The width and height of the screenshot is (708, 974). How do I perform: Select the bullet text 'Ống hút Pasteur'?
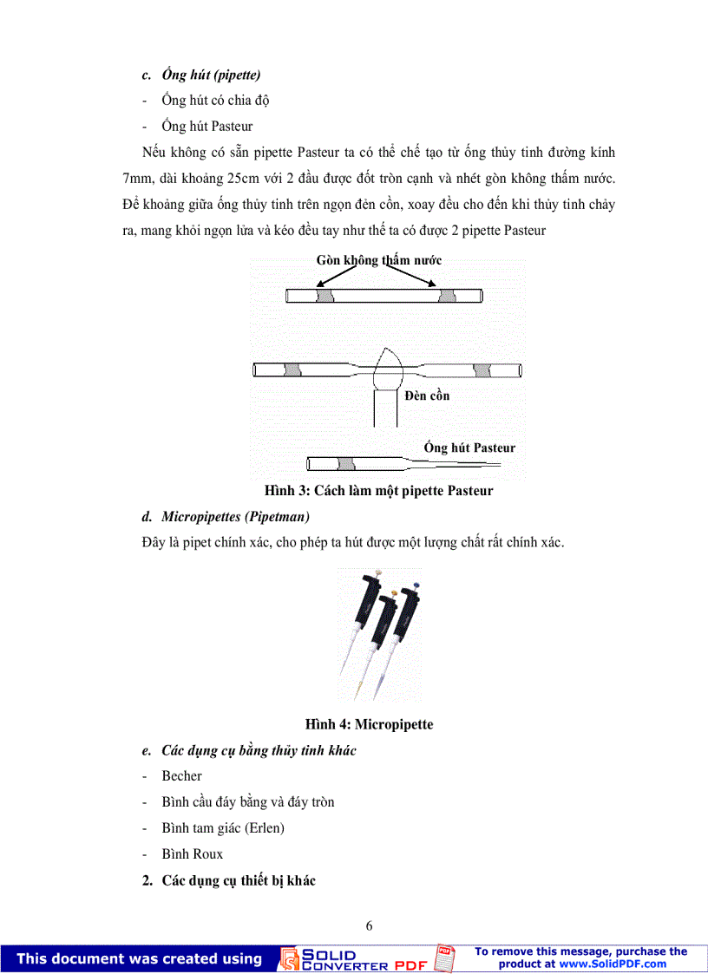coord(206,127)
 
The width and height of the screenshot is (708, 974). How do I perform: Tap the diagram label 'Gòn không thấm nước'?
coord(379,260)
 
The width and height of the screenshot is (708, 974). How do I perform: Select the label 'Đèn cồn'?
coord(427,395)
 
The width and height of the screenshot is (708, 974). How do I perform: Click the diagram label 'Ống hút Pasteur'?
coord(469,448)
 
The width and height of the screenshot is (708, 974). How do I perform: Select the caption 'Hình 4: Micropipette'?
coord(369,724)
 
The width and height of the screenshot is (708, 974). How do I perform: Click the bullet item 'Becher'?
coord(181,776)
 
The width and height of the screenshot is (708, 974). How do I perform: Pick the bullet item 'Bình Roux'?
coord(192,854)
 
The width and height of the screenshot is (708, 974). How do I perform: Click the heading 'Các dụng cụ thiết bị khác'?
coord(239,880)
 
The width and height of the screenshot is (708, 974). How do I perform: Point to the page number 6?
coord(370,925)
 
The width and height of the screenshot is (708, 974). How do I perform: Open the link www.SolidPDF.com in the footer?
coord(613,964)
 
